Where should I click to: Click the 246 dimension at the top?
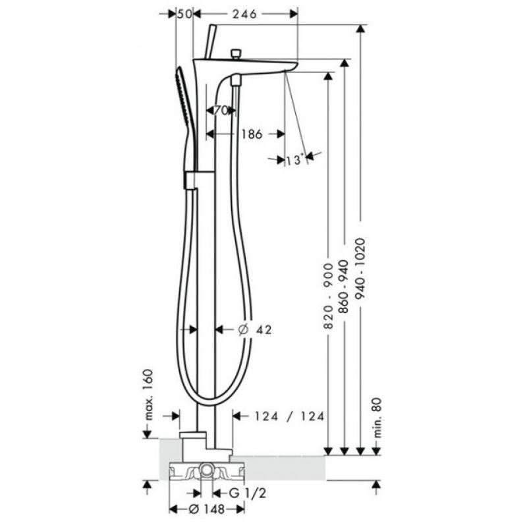244,14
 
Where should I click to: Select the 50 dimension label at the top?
184,14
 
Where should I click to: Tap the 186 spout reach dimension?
252,134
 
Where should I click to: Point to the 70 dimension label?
221,110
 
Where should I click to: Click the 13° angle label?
295,160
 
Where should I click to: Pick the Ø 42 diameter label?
255,330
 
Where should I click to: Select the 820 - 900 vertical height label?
328,296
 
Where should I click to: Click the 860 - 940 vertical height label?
343,287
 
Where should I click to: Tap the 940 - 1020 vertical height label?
360,269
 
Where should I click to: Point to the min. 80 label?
377,418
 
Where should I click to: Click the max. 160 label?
148,395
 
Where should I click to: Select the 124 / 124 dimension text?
289,416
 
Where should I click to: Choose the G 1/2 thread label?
248,493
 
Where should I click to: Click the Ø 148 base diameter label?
206,509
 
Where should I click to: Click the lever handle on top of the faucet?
210,42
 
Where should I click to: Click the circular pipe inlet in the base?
206,469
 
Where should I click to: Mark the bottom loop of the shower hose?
209,404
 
